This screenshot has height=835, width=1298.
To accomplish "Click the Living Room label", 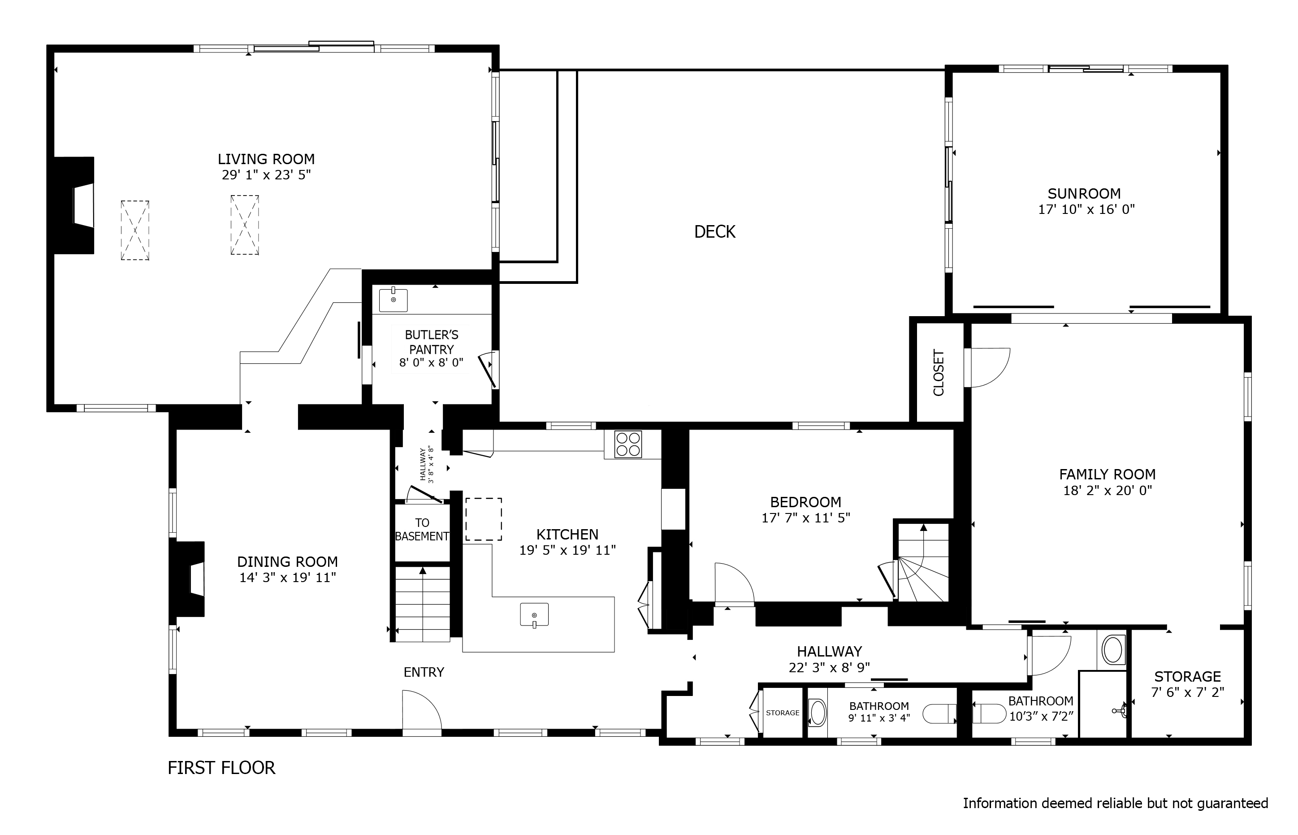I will click(x=266, y=159).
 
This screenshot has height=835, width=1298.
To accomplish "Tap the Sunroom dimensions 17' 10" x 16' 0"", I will click(x=1086, y=209).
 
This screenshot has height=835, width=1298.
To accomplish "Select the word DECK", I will click(x=714, y=231).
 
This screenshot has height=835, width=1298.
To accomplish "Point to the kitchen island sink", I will click(x=534, y=614).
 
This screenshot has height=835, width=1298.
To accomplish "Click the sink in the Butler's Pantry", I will click(x=393, y=300).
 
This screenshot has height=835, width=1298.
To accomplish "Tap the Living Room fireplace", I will click(x=75, y=205).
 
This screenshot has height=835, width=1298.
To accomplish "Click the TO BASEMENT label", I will click(x=422, y=530).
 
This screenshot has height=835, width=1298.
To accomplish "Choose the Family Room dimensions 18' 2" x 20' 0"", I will click(x=1107, y=490).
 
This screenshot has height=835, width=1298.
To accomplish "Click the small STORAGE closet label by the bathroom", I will click(x=782, y=713).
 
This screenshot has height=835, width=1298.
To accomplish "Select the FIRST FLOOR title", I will click(x=221, y=768).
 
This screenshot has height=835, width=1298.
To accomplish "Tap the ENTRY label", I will click(x=423, y=672).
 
